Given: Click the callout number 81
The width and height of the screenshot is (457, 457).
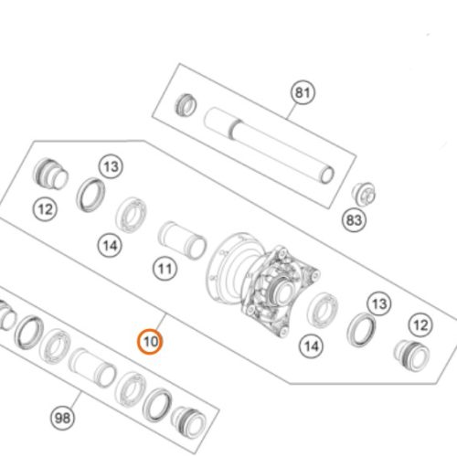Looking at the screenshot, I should (303, 93).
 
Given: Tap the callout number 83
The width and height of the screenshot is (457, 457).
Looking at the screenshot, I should (354, 220).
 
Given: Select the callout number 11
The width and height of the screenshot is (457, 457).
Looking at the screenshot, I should (165, 269).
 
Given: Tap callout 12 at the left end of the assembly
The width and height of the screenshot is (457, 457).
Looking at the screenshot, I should (46, 208).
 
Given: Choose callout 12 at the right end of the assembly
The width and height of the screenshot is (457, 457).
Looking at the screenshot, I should (420, 324).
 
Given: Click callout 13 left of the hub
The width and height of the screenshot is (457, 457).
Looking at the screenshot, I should (111, 166).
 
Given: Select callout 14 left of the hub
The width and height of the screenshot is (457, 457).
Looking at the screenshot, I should (111, 244).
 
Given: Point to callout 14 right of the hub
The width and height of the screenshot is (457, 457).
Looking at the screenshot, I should (313, 346).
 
